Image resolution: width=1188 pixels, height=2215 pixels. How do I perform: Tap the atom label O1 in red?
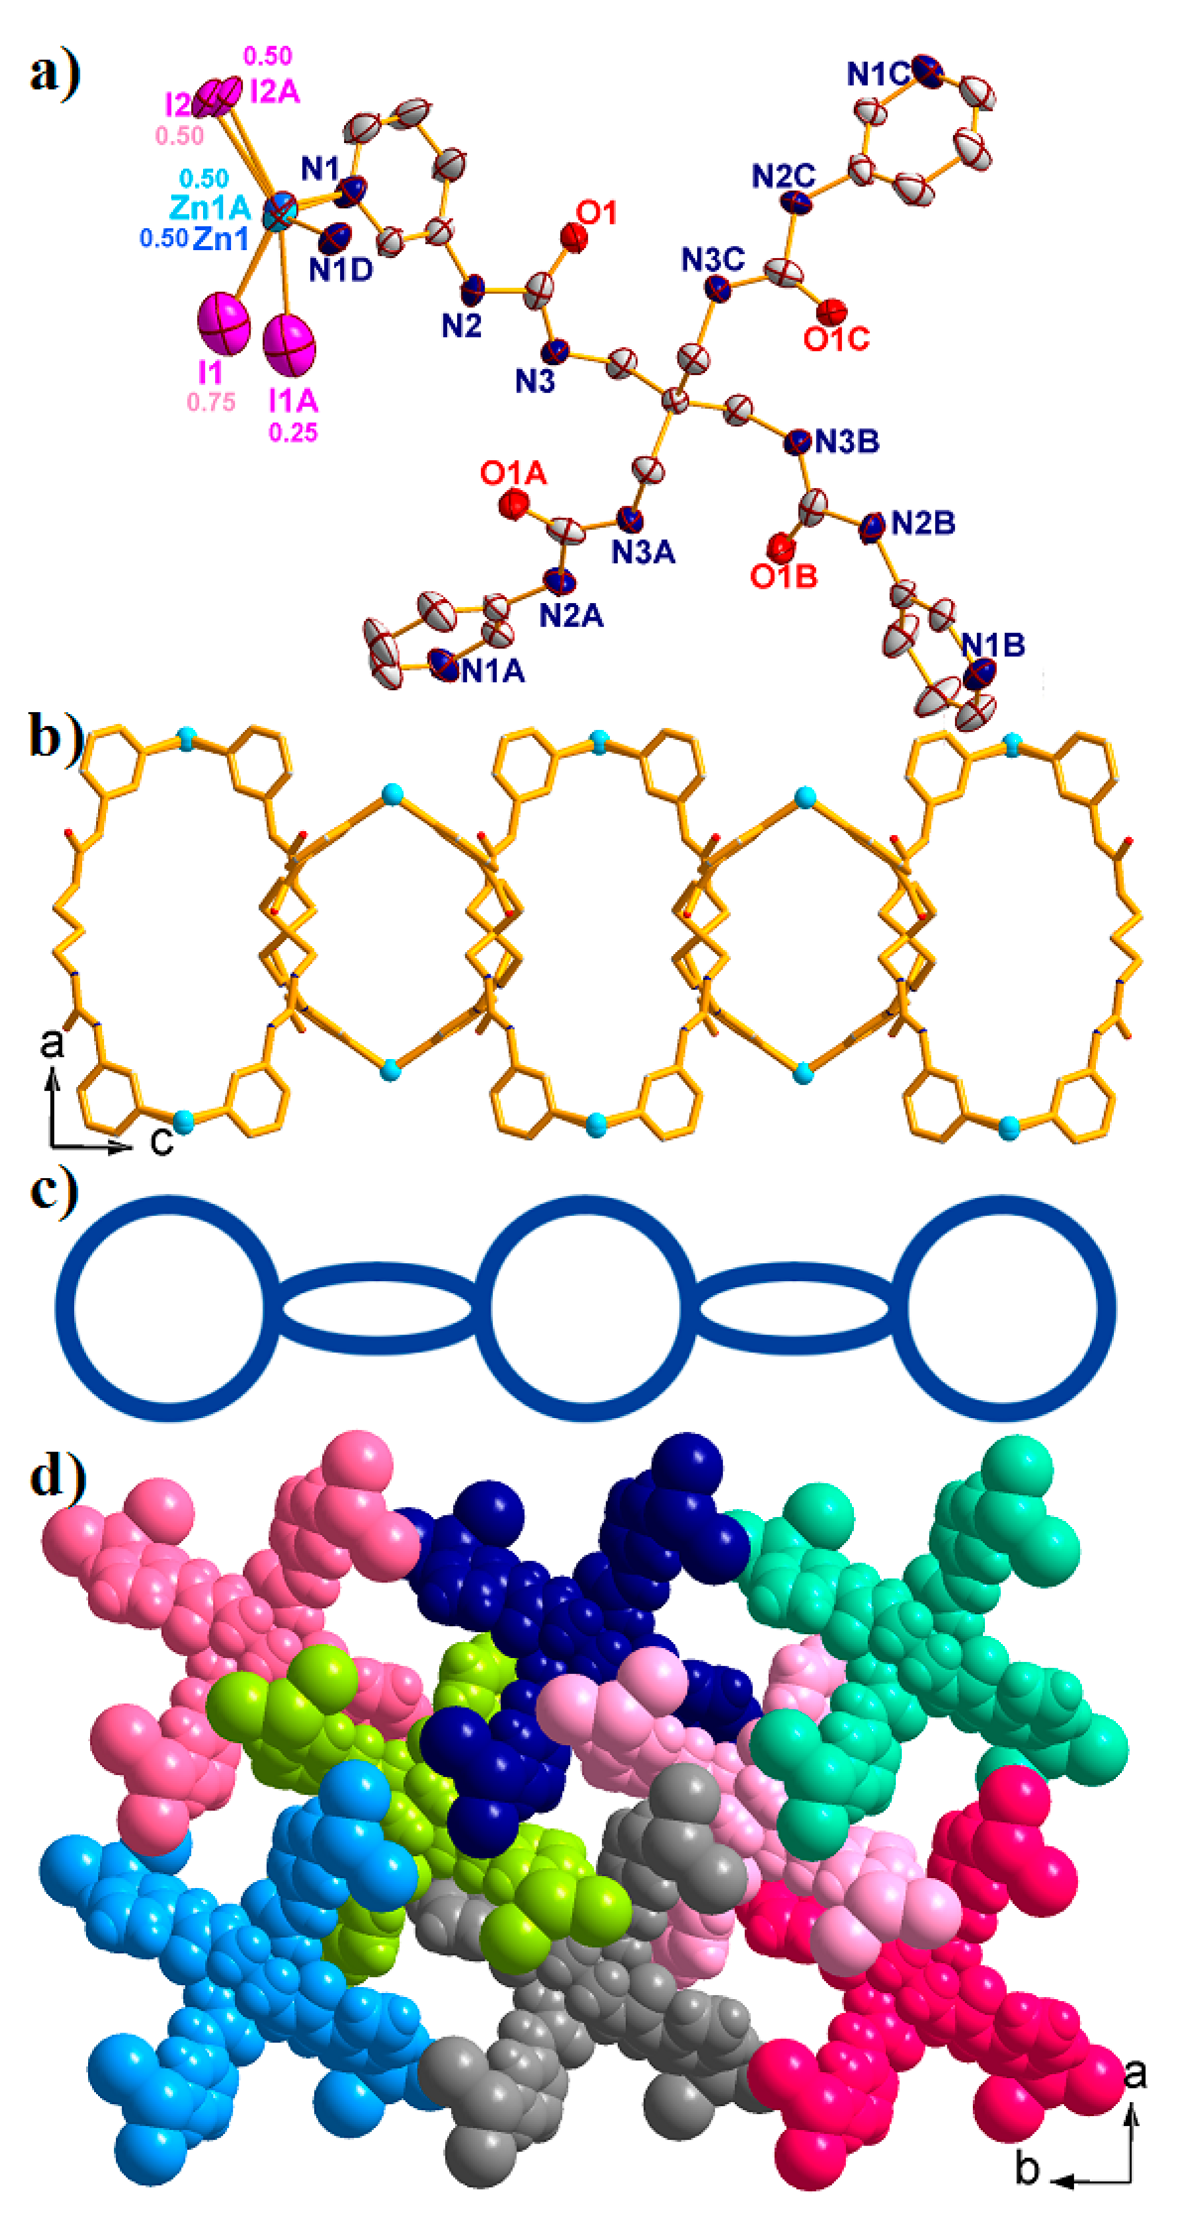pyautogui.click(x=598, y=212)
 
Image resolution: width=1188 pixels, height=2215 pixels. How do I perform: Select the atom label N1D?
pyautogui.click(x=340, y=269)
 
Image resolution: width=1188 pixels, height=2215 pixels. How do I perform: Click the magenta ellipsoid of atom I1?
pyautogui.click(x=223, y=324)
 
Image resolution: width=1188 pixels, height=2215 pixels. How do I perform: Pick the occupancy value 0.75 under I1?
pyautogui.click(x=211, y=401)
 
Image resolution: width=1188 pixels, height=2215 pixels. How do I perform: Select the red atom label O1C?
pyautogui.click(x=836, y=339)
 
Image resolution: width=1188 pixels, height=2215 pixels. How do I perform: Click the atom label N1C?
pyautogui.click(x=877, y=75)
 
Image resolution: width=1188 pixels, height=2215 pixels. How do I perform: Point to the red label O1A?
pyautogui.click(x=514, y=473)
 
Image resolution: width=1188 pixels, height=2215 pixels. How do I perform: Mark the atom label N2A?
pyautogui.click(x=571, y=615)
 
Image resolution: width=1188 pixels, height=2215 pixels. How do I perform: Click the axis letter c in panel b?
pyautogui.click(x=162, y=1140)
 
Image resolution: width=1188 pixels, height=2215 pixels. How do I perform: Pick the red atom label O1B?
pyautogui.click(x=783, y=576)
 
